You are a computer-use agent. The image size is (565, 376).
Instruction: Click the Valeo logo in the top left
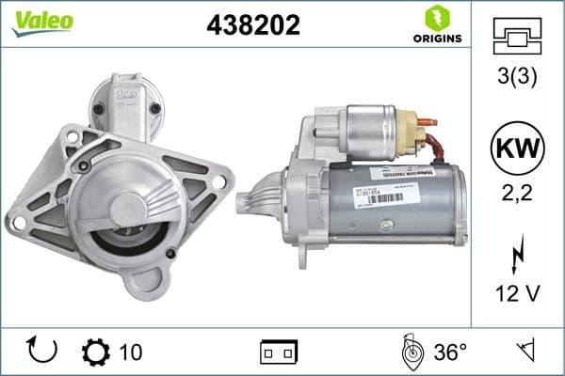coord(39,22)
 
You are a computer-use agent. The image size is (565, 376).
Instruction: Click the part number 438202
coord(252,25)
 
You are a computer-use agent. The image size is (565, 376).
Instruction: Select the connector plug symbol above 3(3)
coord(517,37)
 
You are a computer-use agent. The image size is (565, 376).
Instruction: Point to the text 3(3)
coord(517,78)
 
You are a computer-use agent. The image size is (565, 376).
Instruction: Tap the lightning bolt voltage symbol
coord(517,255)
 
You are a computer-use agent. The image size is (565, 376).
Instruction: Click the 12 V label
coord(517,295)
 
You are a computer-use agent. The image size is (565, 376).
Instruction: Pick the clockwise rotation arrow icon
coord(43,351)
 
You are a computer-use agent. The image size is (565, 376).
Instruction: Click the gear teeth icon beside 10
coord(96,352)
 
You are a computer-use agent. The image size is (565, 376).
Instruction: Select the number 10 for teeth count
coord(131,352)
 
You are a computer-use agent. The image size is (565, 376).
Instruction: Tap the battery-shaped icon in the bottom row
coord(278,352)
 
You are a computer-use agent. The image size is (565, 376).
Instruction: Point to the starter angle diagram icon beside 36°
coord(411,352)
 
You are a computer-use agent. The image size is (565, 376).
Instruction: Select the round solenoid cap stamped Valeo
coord(125,97)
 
